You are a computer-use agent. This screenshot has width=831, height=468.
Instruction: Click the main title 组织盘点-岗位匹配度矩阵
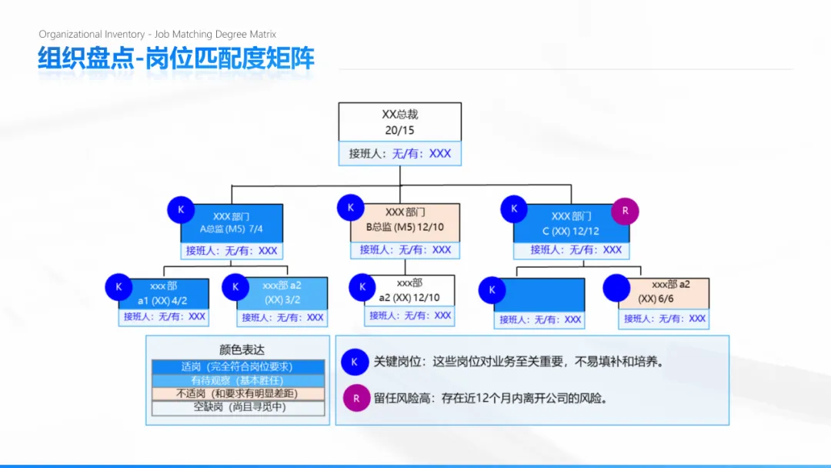coord(176,58)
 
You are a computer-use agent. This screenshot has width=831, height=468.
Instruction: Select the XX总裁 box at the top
coord(399,122)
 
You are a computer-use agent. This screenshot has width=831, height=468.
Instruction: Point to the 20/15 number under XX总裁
coord(399,131)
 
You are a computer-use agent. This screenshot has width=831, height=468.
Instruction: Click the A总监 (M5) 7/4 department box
coord(232,222)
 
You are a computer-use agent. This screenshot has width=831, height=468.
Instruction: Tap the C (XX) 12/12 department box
coord(571,223)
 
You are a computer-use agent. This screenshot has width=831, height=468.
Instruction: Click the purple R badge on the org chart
coord(625,210)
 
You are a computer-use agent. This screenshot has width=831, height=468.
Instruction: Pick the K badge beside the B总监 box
coord(350,207)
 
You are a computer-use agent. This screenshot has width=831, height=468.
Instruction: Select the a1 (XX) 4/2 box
coord(162,293)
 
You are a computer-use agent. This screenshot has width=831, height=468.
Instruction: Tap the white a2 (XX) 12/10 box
coord(409,290)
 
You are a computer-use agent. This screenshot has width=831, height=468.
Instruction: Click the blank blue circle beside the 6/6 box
coord(616,288)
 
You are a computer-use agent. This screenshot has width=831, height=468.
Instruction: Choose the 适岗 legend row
coord(237,367)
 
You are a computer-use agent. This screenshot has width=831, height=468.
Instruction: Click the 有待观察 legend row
coord(237,380)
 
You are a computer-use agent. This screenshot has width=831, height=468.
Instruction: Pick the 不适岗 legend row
coord(237,394)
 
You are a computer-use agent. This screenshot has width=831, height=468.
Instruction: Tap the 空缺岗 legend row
coord(237,407)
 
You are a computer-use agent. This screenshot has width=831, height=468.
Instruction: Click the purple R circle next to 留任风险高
coord(356,398)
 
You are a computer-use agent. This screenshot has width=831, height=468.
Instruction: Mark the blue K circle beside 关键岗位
coord(355,361)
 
